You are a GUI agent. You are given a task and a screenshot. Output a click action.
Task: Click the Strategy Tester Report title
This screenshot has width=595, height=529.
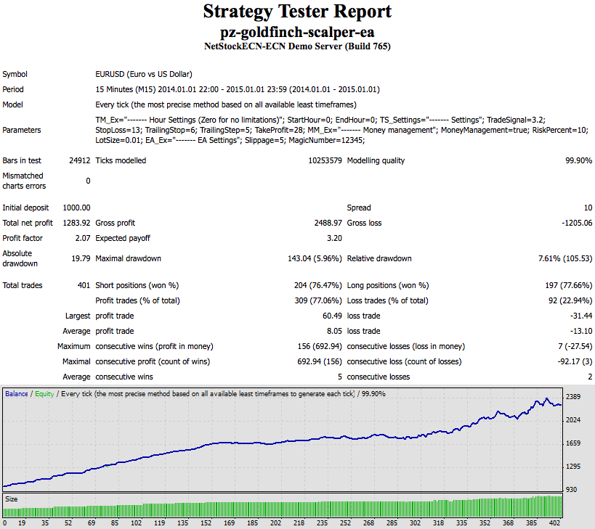coord(297,12)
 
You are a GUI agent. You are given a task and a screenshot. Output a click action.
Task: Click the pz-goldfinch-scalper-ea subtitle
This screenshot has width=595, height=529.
coord(297,33)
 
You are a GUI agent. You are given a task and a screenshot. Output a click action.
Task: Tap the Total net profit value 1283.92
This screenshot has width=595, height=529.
coord(76,223)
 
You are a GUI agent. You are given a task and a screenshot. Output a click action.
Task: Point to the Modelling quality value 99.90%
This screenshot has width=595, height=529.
coord(578,160)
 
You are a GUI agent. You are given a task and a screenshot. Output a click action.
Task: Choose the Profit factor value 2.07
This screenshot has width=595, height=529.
coord(82,238)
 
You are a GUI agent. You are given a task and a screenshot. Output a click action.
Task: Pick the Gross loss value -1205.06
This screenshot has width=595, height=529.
coord(574,223)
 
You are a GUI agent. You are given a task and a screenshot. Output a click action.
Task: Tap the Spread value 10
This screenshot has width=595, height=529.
coord(588,208)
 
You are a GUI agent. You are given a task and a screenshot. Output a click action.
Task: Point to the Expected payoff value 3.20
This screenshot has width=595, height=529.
coord(334,238)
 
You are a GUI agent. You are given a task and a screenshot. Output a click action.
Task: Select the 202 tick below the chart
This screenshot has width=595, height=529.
coord(275,522)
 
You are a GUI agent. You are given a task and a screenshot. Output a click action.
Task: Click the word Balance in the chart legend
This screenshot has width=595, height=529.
coord(17,394)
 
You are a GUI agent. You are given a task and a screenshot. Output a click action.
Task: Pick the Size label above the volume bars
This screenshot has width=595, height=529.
coord(12,499)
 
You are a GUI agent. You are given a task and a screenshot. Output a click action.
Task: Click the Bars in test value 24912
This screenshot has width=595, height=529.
coord(79,160)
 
